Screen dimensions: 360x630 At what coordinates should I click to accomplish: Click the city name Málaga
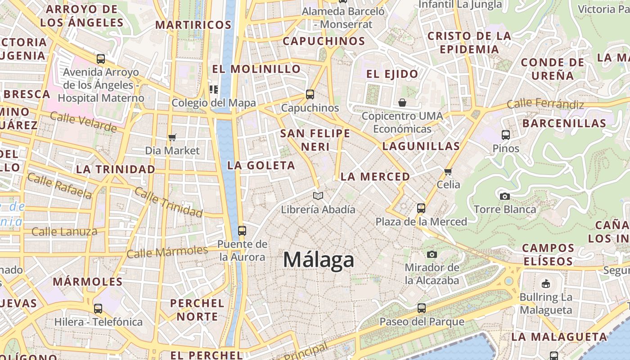319,260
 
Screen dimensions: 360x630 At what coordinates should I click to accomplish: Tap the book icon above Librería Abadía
318,196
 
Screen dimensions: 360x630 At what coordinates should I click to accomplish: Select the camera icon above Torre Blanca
505,196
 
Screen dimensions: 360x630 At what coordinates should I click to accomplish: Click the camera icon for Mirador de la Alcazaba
432,254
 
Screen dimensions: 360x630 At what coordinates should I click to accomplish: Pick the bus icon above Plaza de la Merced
421,208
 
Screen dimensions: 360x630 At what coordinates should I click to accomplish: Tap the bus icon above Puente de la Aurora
242,231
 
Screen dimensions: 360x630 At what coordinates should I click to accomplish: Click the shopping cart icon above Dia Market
172,137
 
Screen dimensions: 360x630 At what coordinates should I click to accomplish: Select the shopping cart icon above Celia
448,171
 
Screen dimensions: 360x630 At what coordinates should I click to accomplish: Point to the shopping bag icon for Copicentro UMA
402,103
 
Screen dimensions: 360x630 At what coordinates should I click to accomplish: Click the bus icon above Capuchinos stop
310,94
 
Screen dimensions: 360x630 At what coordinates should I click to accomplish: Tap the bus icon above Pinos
506,135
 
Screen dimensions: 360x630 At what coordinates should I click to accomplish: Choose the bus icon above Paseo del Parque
422,308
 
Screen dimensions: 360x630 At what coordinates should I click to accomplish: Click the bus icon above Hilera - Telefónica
98,309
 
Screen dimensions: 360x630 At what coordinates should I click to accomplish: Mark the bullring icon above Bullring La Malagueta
546,283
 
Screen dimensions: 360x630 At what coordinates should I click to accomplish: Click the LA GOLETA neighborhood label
261,166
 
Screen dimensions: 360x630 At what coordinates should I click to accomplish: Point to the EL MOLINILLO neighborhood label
256,69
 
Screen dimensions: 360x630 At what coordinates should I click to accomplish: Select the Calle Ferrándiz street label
545,104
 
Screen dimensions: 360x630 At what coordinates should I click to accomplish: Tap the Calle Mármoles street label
167,252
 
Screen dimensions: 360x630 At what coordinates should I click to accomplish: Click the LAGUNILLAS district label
421,146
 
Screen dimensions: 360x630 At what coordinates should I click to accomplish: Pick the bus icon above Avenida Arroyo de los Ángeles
101,59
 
